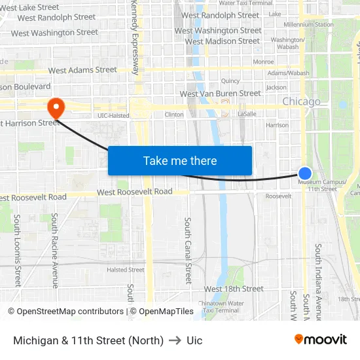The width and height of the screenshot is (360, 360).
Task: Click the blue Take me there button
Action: [x=180, y=160]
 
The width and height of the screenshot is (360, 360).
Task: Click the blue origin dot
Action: [x=305, y=173]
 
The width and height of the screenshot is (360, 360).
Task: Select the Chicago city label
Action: [x=301, y=101]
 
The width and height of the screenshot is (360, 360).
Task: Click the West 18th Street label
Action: [x=234, y=289]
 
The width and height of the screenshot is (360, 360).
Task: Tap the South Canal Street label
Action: [x=188, y=250]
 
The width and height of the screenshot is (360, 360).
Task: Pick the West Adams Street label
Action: [x=82, y=70]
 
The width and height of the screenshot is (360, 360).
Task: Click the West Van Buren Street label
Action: [x=220, y=94]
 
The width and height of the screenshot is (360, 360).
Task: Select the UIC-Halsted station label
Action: [x=113, y=115]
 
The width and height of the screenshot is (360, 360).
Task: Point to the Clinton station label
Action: [x=174, y=115]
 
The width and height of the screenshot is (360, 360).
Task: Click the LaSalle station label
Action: [x=247, y=114]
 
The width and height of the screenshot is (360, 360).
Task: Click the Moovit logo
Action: [x=321, y=339]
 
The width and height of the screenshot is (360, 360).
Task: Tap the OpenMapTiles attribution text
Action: [x=166, y=312]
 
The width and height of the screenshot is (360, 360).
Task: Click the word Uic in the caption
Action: [x=194, y=340]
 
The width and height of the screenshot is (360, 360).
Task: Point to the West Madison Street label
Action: [x=223, y=41]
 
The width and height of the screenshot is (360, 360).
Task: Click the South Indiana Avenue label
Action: [x=318, y=275]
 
